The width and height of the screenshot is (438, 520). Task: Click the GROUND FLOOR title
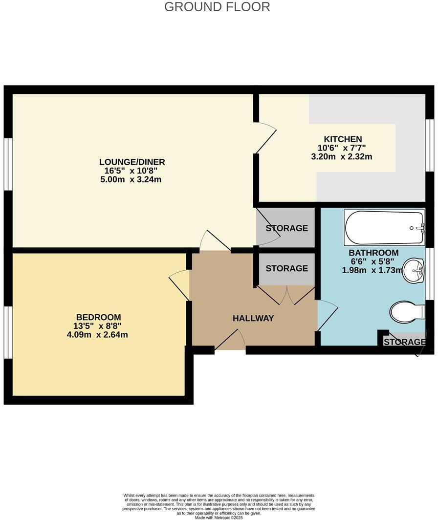click(x=217, y=7)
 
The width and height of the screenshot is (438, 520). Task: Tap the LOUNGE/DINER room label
click(x=132, y=162)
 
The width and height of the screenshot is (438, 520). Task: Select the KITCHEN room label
click(x=343, y=139)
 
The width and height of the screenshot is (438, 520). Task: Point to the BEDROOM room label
click(x=98, y=317)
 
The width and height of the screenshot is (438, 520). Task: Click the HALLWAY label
click(x=253, y=318)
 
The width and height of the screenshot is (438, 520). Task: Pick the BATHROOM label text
click(x=373, y=253)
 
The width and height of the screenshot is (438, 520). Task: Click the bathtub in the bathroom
click(x=384, y=228)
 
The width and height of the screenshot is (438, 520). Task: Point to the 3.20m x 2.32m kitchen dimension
click(x=342, y=157)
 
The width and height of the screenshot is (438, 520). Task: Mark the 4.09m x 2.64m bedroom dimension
click(x=98, y=335)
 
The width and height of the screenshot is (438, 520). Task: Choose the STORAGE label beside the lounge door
click(x=286, y=228)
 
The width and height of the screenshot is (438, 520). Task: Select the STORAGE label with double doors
click(x=286, y=268)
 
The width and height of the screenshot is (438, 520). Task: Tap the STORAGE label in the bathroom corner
click(x=404, y=342)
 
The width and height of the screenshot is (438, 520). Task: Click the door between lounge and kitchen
click(x=265, y=138)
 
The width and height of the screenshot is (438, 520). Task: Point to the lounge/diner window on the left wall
click(x=8, y=164)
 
